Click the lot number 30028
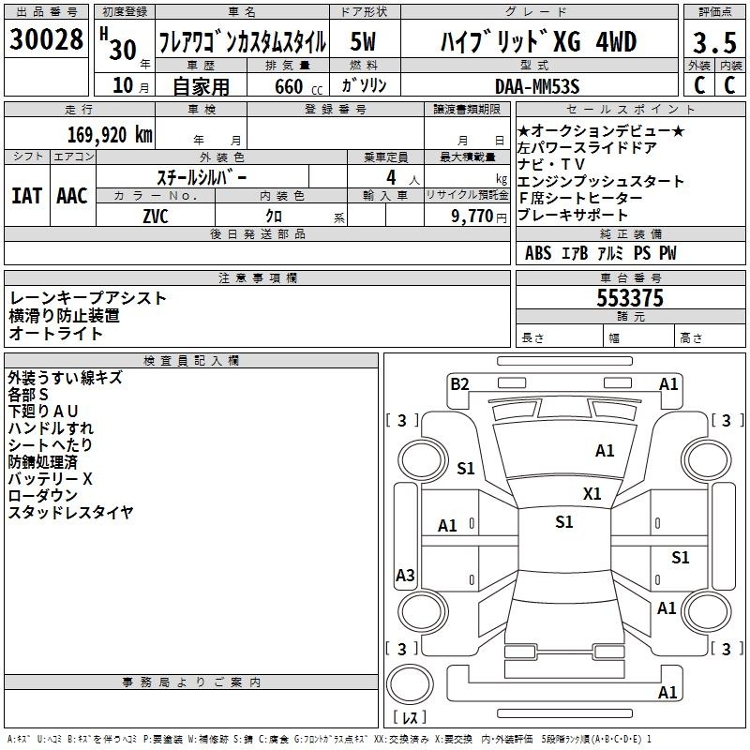tap(46, 39)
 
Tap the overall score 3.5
tap(714, 42)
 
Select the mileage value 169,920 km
tap(110, 135)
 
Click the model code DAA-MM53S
tap(537, 86)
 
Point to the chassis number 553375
tap(630, 298)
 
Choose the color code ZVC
tap(156, 217)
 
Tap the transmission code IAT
tap(27, 196)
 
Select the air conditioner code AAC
tap(72, 196)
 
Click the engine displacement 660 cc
tap(298, 86)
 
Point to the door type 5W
tap(363, 41)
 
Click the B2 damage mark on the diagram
tap(459, 384)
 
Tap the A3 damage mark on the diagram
tap(405, 575)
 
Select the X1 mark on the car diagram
tap(592, 494)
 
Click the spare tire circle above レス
tap(410, 684)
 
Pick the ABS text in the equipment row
tap(538, 253)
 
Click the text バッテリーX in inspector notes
tap(51, 479)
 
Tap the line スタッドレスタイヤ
tap(71, 512)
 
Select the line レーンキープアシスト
tap(87, 298)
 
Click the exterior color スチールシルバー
tap(202, 178)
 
